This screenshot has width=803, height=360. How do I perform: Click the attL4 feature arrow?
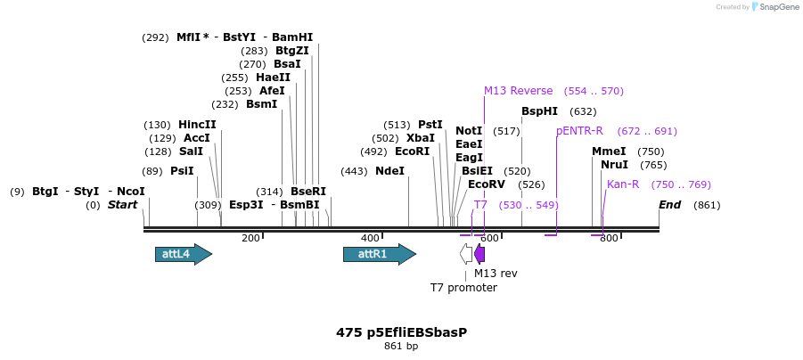183,254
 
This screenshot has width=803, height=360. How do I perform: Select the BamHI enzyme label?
292,37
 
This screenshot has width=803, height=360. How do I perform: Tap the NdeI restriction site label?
389,171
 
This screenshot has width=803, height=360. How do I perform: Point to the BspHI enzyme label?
539,111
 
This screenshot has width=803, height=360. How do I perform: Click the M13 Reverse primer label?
518,91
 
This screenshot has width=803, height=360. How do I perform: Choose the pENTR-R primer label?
579,131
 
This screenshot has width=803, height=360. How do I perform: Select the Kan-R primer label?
623,184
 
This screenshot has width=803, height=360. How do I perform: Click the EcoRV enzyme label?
487,184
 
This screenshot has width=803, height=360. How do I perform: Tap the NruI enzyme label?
614,165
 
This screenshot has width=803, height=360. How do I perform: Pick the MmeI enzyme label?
609,151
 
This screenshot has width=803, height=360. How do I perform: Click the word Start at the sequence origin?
123,205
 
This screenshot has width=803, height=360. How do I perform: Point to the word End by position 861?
670,205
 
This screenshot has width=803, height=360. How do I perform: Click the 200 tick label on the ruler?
250,238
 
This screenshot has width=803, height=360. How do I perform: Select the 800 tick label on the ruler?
609,238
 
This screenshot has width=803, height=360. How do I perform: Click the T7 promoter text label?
463,288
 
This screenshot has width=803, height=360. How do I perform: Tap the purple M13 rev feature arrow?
479,254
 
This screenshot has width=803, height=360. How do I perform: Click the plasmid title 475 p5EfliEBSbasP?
401,332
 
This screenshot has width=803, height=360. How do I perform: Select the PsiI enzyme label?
182,171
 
